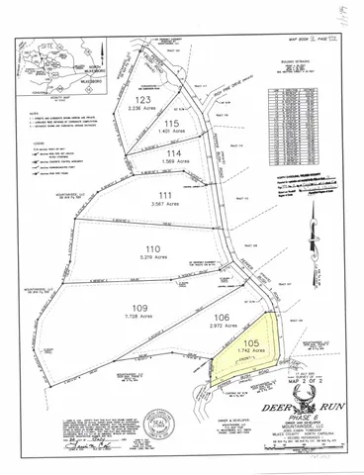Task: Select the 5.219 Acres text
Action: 151,257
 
